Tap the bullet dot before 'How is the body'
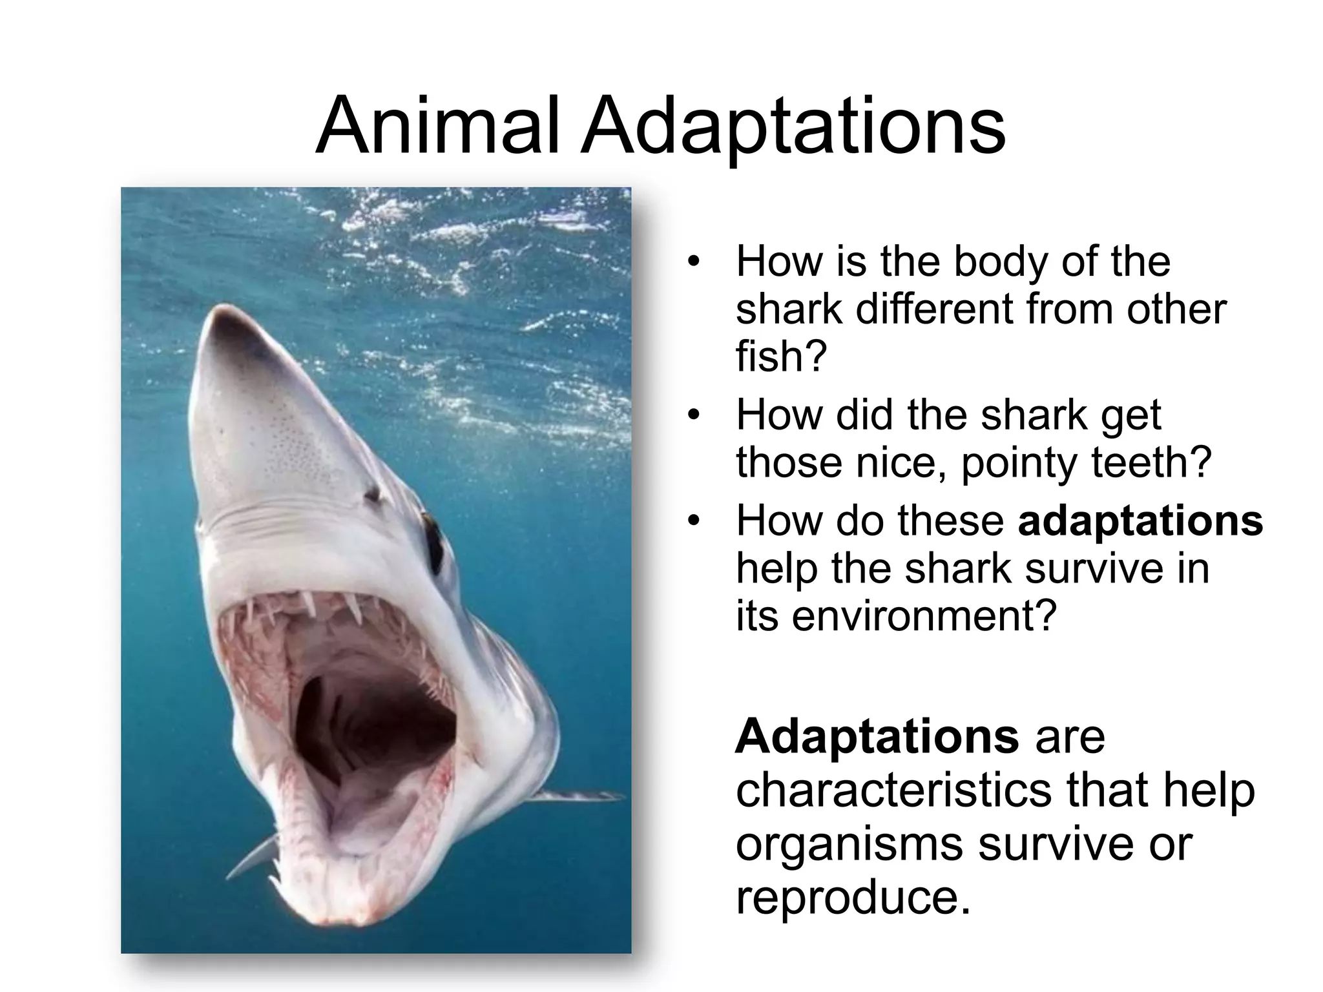click(x=693, y=262)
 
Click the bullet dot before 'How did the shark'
click(x=693, y=415)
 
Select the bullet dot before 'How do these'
click(x=693, y=521)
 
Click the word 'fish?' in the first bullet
click(x=780, y=356)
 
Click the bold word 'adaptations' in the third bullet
click(x=1140, y=521)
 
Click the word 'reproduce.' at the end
click(x=853, y=898)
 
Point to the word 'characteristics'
click(x=894, y=790)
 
